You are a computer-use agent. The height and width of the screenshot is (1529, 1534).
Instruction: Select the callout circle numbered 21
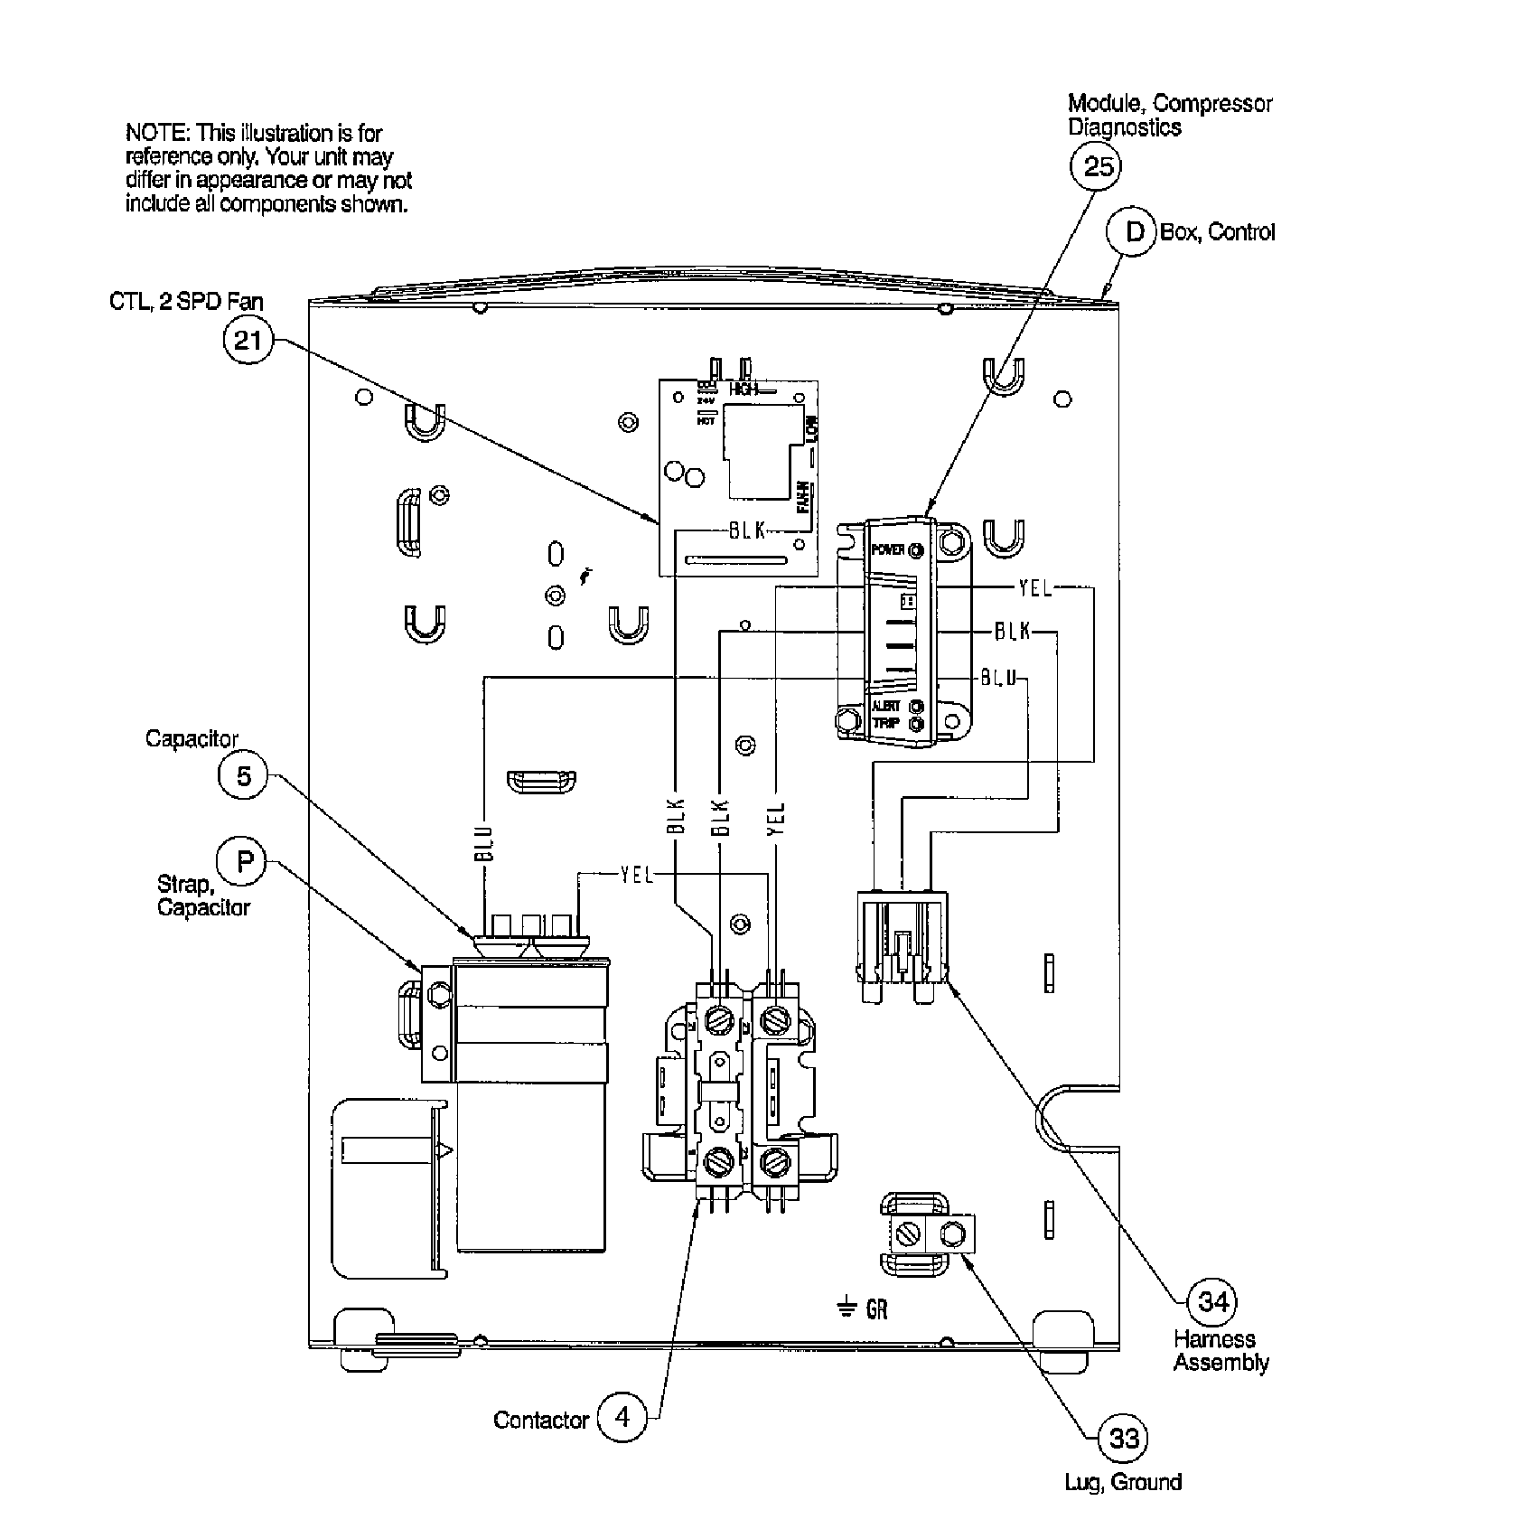(x=247, y=341)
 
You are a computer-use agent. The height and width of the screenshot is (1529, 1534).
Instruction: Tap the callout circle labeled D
(x=1131, y=232)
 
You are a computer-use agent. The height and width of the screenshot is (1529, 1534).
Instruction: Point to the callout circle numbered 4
(x=622, y=1417)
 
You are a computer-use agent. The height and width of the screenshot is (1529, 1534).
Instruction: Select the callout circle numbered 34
(x=1212, y=1302)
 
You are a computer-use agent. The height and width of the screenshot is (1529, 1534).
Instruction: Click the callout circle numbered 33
(x=1123, y=1438)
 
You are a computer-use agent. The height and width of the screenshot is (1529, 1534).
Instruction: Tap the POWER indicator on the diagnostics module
(x=916, y=550)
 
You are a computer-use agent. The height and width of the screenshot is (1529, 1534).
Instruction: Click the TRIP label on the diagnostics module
(x=885, y=724)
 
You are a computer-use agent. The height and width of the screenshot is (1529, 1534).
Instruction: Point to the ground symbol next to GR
(x=846, y=1308)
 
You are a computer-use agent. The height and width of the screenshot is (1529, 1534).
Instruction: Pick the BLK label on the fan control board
(x=747, y=531)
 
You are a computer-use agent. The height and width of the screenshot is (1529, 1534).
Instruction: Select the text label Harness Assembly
(x=1221, y=1350)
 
